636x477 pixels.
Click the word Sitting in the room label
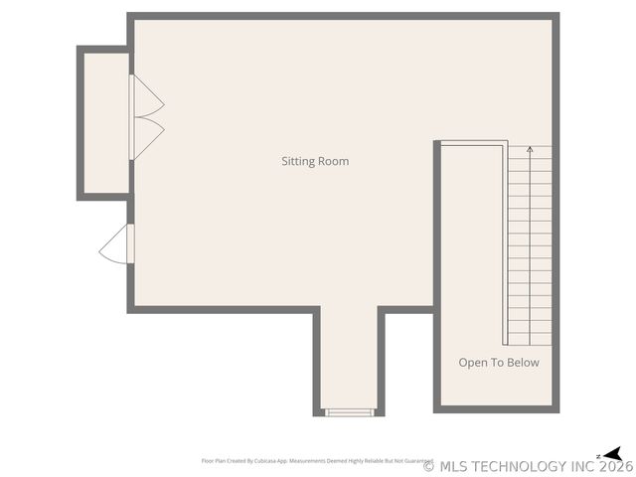(299, 161)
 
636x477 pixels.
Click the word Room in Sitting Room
(334, 161)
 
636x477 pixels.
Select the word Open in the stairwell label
(473, 363)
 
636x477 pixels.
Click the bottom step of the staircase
(530, 340)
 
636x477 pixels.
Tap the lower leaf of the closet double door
(147, 137)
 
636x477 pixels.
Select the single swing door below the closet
(115, 244)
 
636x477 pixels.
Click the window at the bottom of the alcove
(349, 412)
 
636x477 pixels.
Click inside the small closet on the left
(104, 122)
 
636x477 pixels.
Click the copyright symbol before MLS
(429, 466)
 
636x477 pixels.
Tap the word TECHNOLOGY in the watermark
(514, 466)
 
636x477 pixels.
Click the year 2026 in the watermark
(615, 466)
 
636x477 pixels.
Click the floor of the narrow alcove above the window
(349, 358)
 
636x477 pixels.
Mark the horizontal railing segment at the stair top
(473, 145)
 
